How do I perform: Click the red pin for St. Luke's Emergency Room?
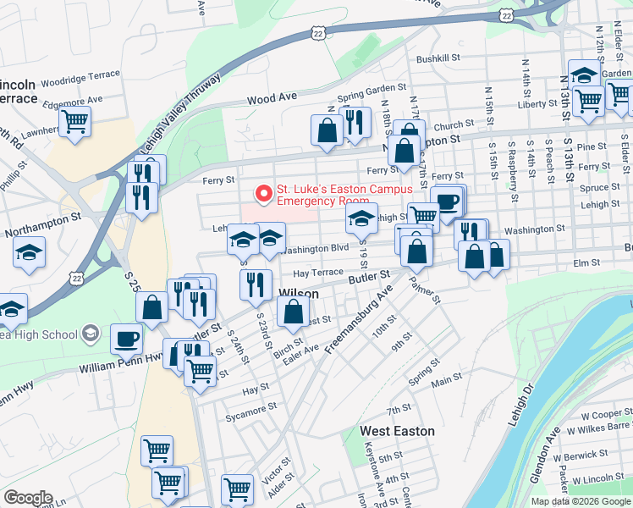click(x=263, y=194)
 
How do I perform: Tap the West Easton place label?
click(x=397, y=431)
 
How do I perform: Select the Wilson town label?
click(x=299, y=294)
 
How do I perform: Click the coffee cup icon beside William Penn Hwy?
click(x=127, y=340)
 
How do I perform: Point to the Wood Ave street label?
click(x=272, y=98)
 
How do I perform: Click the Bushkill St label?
click(x=438, y=59)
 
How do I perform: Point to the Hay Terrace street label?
click(x=317, y=273)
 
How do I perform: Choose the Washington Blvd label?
click(x=316, y=249)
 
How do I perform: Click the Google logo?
click(x=28, y=498)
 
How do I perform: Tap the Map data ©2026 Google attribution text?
click(x=580, y=501)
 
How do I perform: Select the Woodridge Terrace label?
click(x=82, y=83)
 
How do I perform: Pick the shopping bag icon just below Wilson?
click(x=293, y=312)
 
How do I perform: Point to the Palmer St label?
click(x=427, y=289)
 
